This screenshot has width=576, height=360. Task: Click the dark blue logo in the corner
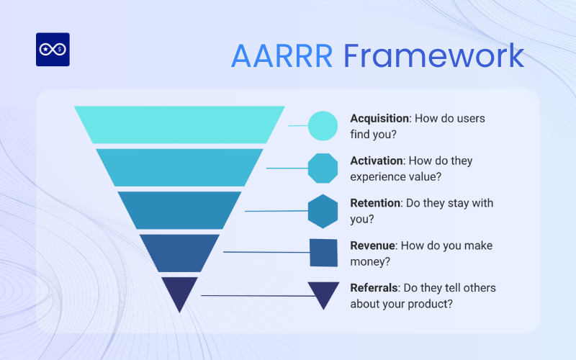(53, 50)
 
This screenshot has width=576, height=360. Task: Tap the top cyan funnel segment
(179, 125)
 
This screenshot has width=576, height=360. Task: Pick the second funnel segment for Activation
(179, 167)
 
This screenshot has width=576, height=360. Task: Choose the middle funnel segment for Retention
(179, 210)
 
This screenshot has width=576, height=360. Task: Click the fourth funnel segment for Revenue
(179, 252)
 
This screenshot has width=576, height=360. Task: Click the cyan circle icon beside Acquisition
(323, 125)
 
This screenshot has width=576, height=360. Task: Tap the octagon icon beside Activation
(323, 168)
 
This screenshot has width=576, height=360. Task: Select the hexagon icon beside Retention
(323, 210)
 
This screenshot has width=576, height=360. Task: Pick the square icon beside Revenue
(323, 252)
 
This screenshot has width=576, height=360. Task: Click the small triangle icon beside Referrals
(323, 293)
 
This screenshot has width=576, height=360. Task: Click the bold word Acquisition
(379, 118)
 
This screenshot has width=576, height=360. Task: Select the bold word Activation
(376, 161)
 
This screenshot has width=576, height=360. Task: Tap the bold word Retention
(374, 203)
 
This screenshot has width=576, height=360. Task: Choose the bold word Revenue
(372, 246)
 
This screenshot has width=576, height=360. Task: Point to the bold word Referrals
(374, 288)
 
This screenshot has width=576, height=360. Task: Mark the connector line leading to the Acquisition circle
(298, 125)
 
